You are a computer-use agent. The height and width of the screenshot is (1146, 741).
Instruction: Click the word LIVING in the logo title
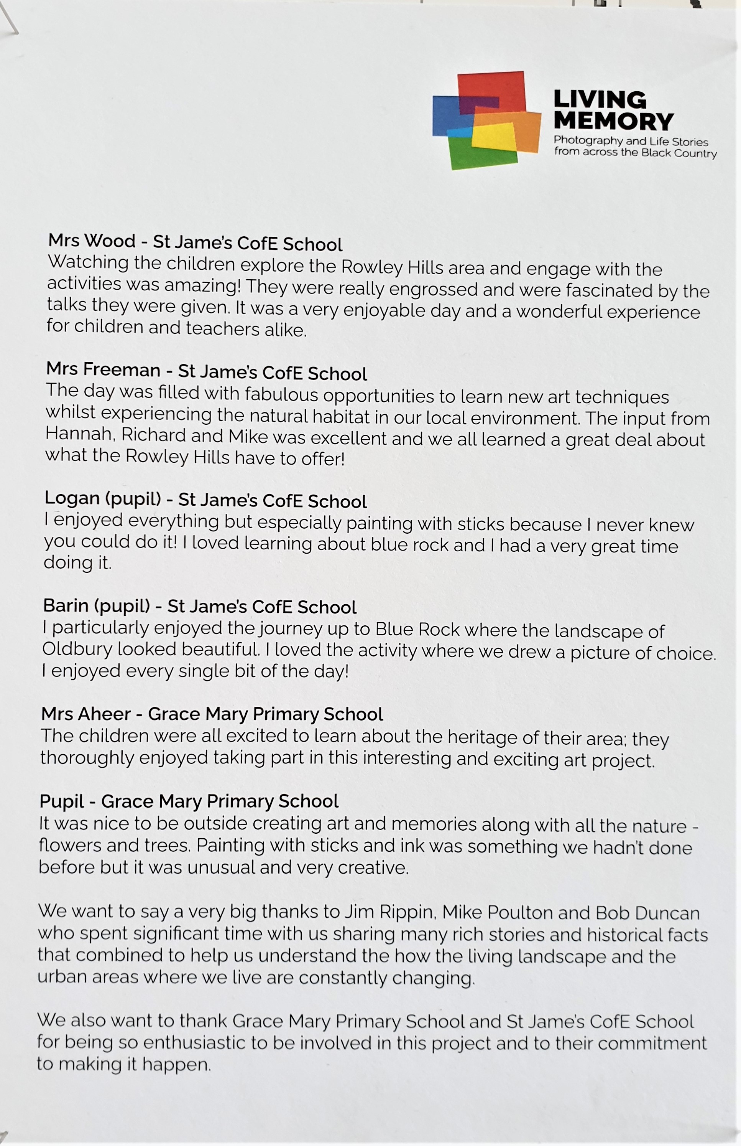pos(600,100)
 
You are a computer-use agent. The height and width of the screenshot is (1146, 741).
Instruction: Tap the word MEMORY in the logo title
pos(613,121)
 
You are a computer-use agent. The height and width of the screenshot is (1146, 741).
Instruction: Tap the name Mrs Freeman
pos(103,369)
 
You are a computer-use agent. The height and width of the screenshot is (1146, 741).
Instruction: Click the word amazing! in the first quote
pos(202,285)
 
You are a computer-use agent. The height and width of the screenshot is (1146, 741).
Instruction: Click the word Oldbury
pos(77,649)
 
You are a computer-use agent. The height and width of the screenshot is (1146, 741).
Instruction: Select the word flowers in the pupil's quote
pos(70,845)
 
